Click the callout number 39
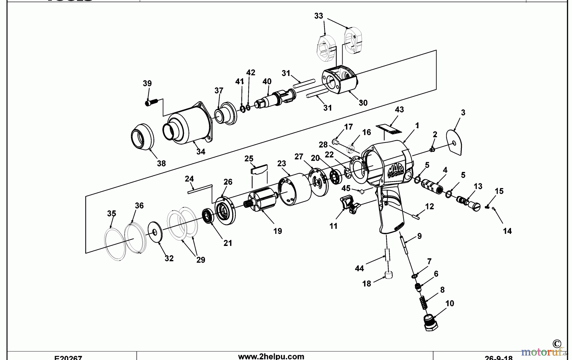[x=147, y=83]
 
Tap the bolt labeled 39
[x=151, y=103]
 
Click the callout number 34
[x=201, y=152]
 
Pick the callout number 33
[x=318, y=16]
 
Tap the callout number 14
[x=507, y=231]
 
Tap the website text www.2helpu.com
[x=271, y=356]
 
